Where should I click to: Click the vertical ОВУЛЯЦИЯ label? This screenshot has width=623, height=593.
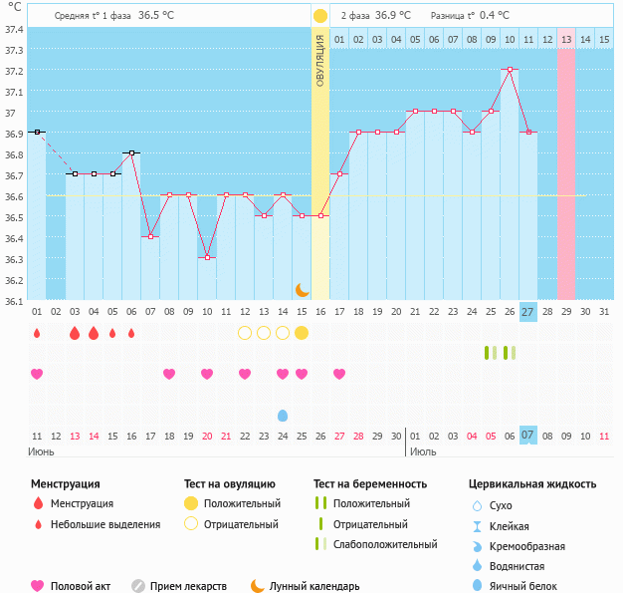point(320,61)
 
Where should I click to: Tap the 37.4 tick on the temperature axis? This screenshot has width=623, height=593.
point(14,29)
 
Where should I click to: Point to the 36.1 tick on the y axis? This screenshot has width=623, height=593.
point(14,301)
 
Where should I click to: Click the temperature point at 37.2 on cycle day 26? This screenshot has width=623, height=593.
point(510,70)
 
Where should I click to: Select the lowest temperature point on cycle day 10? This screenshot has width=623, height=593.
point(207,257)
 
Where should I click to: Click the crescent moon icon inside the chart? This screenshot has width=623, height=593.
point(302,289)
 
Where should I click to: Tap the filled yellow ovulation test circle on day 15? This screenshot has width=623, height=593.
point(302,333)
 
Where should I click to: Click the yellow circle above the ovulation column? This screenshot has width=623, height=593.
point(320,16)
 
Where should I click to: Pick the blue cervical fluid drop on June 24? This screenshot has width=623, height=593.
point(283,415)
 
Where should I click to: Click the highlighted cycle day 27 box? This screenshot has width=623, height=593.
point(527,312)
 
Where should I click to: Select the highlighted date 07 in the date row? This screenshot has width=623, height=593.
point(527,435)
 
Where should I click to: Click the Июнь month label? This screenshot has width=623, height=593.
point(41,451)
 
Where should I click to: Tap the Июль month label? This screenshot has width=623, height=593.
point(423,451)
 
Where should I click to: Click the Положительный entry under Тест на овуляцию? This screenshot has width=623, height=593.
point(242,503)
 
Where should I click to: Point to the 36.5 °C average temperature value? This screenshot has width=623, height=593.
point(154,16)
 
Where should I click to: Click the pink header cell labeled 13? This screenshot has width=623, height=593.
point(565,39)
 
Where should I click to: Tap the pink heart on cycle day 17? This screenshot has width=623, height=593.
point(339,374)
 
